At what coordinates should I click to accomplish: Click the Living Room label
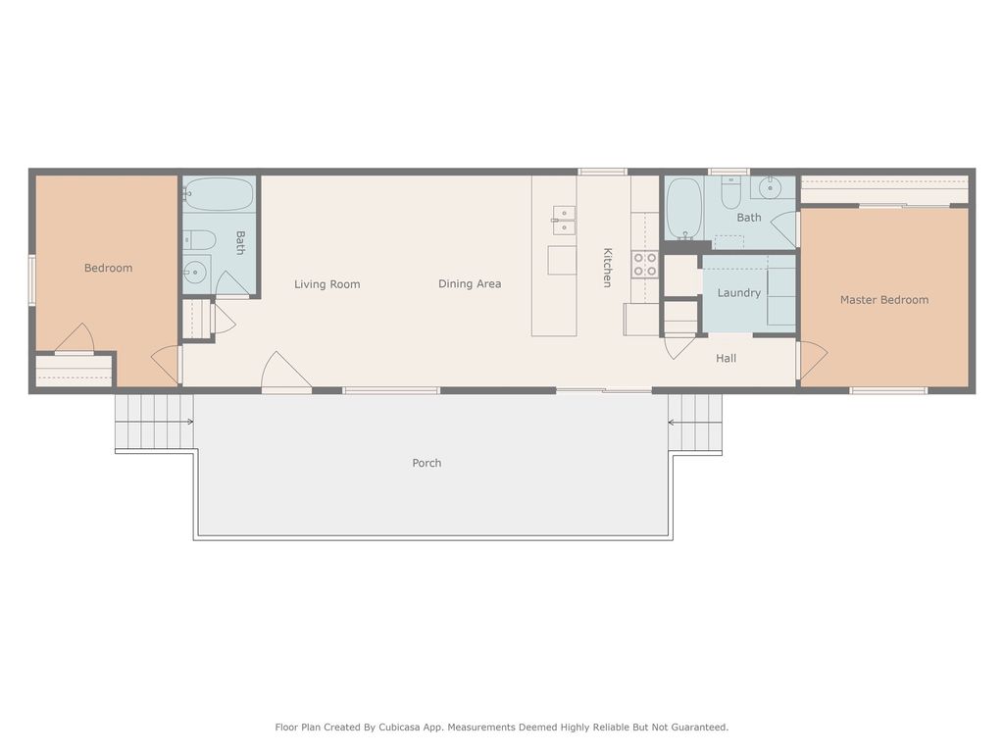tap(326, 284)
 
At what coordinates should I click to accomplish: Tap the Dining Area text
tap(469, 284)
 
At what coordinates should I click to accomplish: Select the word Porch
tap(427, 463)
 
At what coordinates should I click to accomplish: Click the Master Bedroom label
tap(883, 300)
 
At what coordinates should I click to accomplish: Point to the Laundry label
tap(738, 293)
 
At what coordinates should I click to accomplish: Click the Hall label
tap(726, 359)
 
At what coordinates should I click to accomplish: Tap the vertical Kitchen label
tap(607, 267)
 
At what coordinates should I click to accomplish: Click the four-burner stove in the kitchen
tap(644, 264)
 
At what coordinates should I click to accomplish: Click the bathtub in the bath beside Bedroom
tap(219, 195)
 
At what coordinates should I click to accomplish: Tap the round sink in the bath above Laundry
tap(772, 188)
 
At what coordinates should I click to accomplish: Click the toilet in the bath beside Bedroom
tap(199, 239)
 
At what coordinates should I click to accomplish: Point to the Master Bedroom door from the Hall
tap(812, 360)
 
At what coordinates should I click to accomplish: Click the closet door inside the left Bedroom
tap(75, 339)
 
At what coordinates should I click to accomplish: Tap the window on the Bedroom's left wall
tap(32, 279)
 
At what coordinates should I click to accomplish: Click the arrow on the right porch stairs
tap(674, 423)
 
